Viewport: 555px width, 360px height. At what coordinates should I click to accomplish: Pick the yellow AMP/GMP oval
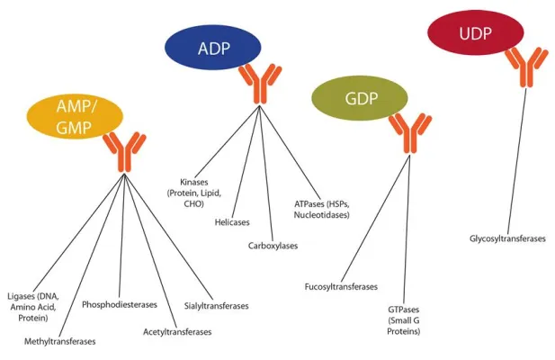click(x=75, y=117)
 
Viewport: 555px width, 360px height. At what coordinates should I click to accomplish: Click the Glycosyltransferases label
click(x=507, y=238)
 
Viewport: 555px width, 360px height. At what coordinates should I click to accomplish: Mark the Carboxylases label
click(x=273, y=245)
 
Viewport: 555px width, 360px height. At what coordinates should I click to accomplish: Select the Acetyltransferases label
click(x=177, y=332)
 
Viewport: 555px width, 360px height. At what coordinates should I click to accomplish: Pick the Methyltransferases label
click(x=60, y=342)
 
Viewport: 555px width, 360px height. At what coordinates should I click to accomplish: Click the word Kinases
click(x=193, y=181)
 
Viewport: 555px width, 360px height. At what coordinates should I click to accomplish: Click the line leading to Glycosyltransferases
click(x=515, y=162)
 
